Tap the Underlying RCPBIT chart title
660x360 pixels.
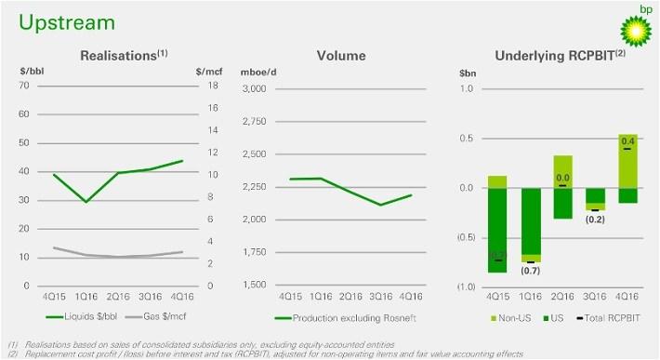pyautogui.click(x=550, y=57)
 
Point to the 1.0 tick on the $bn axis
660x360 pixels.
pyautogui.click(x=467, y=89)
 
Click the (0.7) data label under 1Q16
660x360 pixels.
pyautogui.click(x=530, y=271)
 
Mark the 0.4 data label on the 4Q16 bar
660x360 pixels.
pyautogui.click(x=627, y=140)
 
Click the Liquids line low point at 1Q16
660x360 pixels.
pyautogui.click(x=86, y=202)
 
